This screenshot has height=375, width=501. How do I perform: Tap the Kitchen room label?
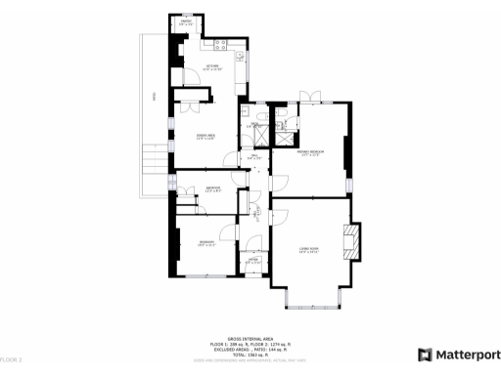click(x=212, y=67)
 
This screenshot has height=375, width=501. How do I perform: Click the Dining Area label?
click(x=206, y=137)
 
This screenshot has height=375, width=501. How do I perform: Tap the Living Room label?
click(x=308, y=250)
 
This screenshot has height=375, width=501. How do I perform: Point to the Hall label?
click(x=252, y=156)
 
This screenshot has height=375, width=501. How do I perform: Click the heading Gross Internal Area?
click(x=250, y=334)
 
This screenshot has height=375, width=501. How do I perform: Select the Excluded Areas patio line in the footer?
click(x=250, y=348)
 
